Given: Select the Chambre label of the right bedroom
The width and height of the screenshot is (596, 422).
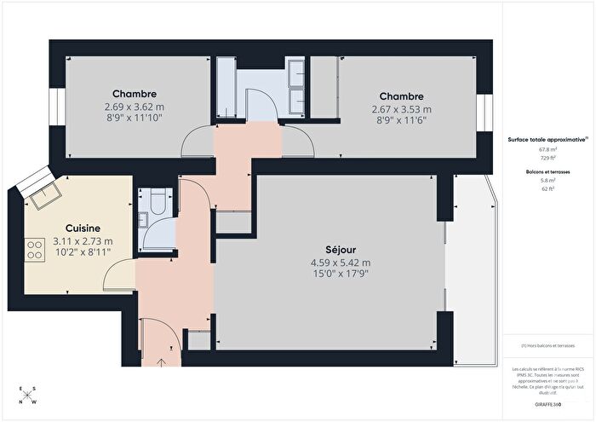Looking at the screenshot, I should pos(401,96).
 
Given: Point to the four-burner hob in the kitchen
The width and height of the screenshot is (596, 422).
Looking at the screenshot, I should pos(36,250).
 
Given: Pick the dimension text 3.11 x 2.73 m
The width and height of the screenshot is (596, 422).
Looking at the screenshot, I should pos(83,241).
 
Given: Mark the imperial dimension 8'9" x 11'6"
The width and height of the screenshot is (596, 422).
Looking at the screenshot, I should pos(401,122).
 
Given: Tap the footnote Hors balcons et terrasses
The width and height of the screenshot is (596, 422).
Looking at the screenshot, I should pos(548,346).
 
